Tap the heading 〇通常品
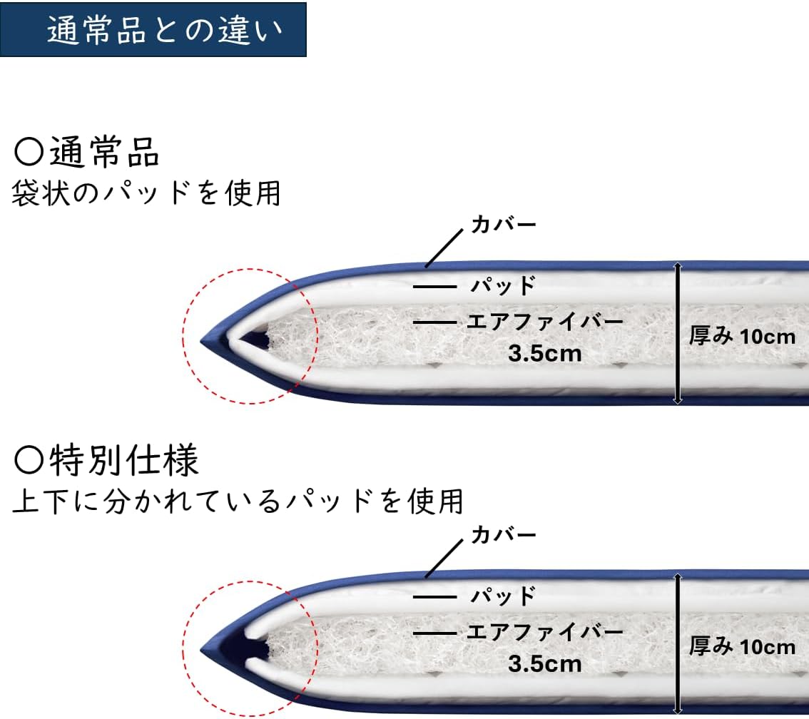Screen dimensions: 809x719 pyautogui.click(x=87, y=152)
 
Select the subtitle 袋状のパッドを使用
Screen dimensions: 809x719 pyautogui.click(x=146, y=193)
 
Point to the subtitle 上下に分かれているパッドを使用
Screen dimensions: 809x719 pyautogui.click(x=238, y=500)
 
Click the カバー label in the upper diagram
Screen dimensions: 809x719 pyautogui.click(x=503, y=225)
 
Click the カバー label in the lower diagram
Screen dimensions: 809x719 pyautogui.click(x=503, y=535)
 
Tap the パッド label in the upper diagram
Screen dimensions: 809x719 pyautogui.click(x=503, y=286)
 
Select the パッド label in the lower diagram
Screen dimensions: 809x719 pyautogui.click(x=503, y=595)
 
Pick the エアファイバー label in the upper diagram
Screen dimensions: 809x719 pyautogui.click(x=545, y=322)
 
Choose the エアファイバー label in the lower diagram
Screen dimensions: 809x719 pyautogui.click(x=545, y=632)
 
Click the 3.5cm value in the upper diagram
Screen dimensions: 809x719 pyautogui.click(x=545, y=352)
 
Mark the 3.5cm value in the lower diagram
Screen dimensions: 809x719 pyautogui.click(x=545, y=663)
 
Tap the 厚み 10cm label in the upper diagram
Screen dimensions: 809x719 pyautogui.click(x=742, y=336)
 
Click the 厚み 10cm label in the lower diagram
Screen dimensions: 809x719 pyautogui.click(x=742, y=646)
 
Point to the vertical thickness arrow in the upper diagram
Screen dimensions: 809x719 pyautogui.click(x=678, y=334)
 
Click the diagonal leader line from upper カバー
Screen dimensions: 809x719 pyautogui.click(x=447, y=248)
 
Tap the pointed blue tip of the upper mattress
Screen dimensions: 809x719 pyautogui.click(x=205, y=340)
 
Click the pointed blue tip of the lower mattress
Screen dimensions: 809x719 pyautogui.click(x=205, y=651)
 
